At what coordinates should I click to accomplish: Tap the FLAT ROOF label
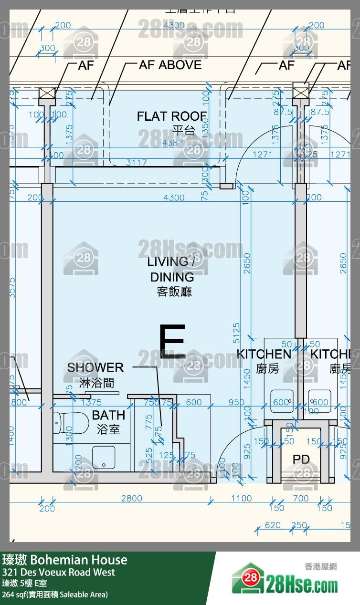172,116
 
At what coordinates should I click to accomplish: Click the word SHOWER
95,367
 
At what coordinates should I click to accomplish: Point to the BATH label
108,415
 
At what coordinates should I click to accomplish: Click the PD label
301,459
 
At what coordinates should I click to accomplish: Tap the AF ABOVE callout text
170,65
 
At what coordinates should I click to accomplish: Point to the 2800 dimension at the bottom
131,499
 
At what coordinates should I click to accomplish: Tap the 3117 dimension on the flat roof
136,163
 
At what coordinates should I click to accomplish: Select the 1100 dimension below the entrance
241,499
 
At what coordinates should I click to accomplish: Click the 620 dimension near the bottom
273,525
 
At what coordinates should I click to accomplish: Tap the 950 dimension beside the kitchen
236,402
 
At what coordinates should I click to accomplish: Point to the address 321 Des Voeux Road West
58,572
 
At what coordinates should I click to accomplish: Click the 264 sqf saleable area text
55,595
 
